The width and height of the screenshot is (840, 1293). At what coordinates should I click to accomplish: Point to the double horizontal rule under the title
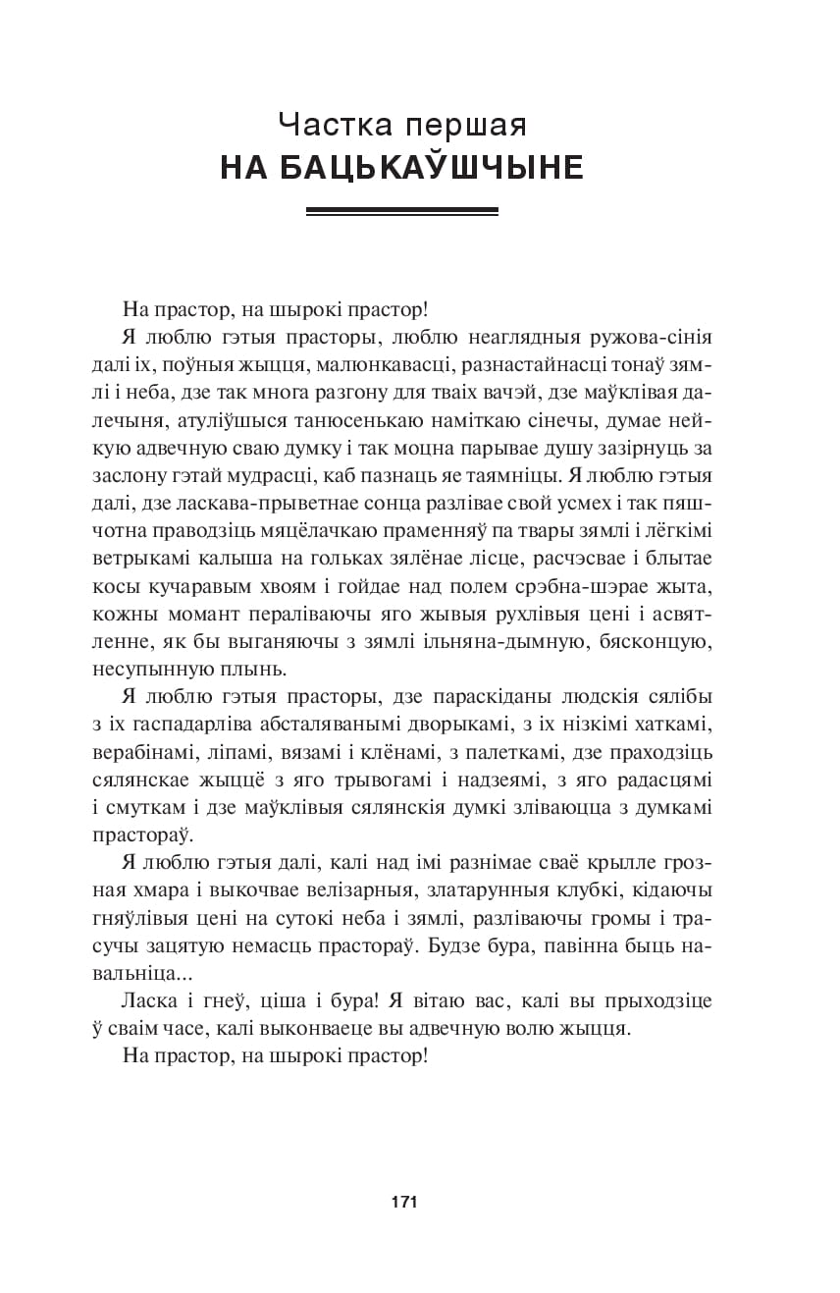click(402, 210)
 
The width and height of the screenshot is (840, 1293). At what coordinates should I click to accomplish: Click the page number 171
click(404, 1202)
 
